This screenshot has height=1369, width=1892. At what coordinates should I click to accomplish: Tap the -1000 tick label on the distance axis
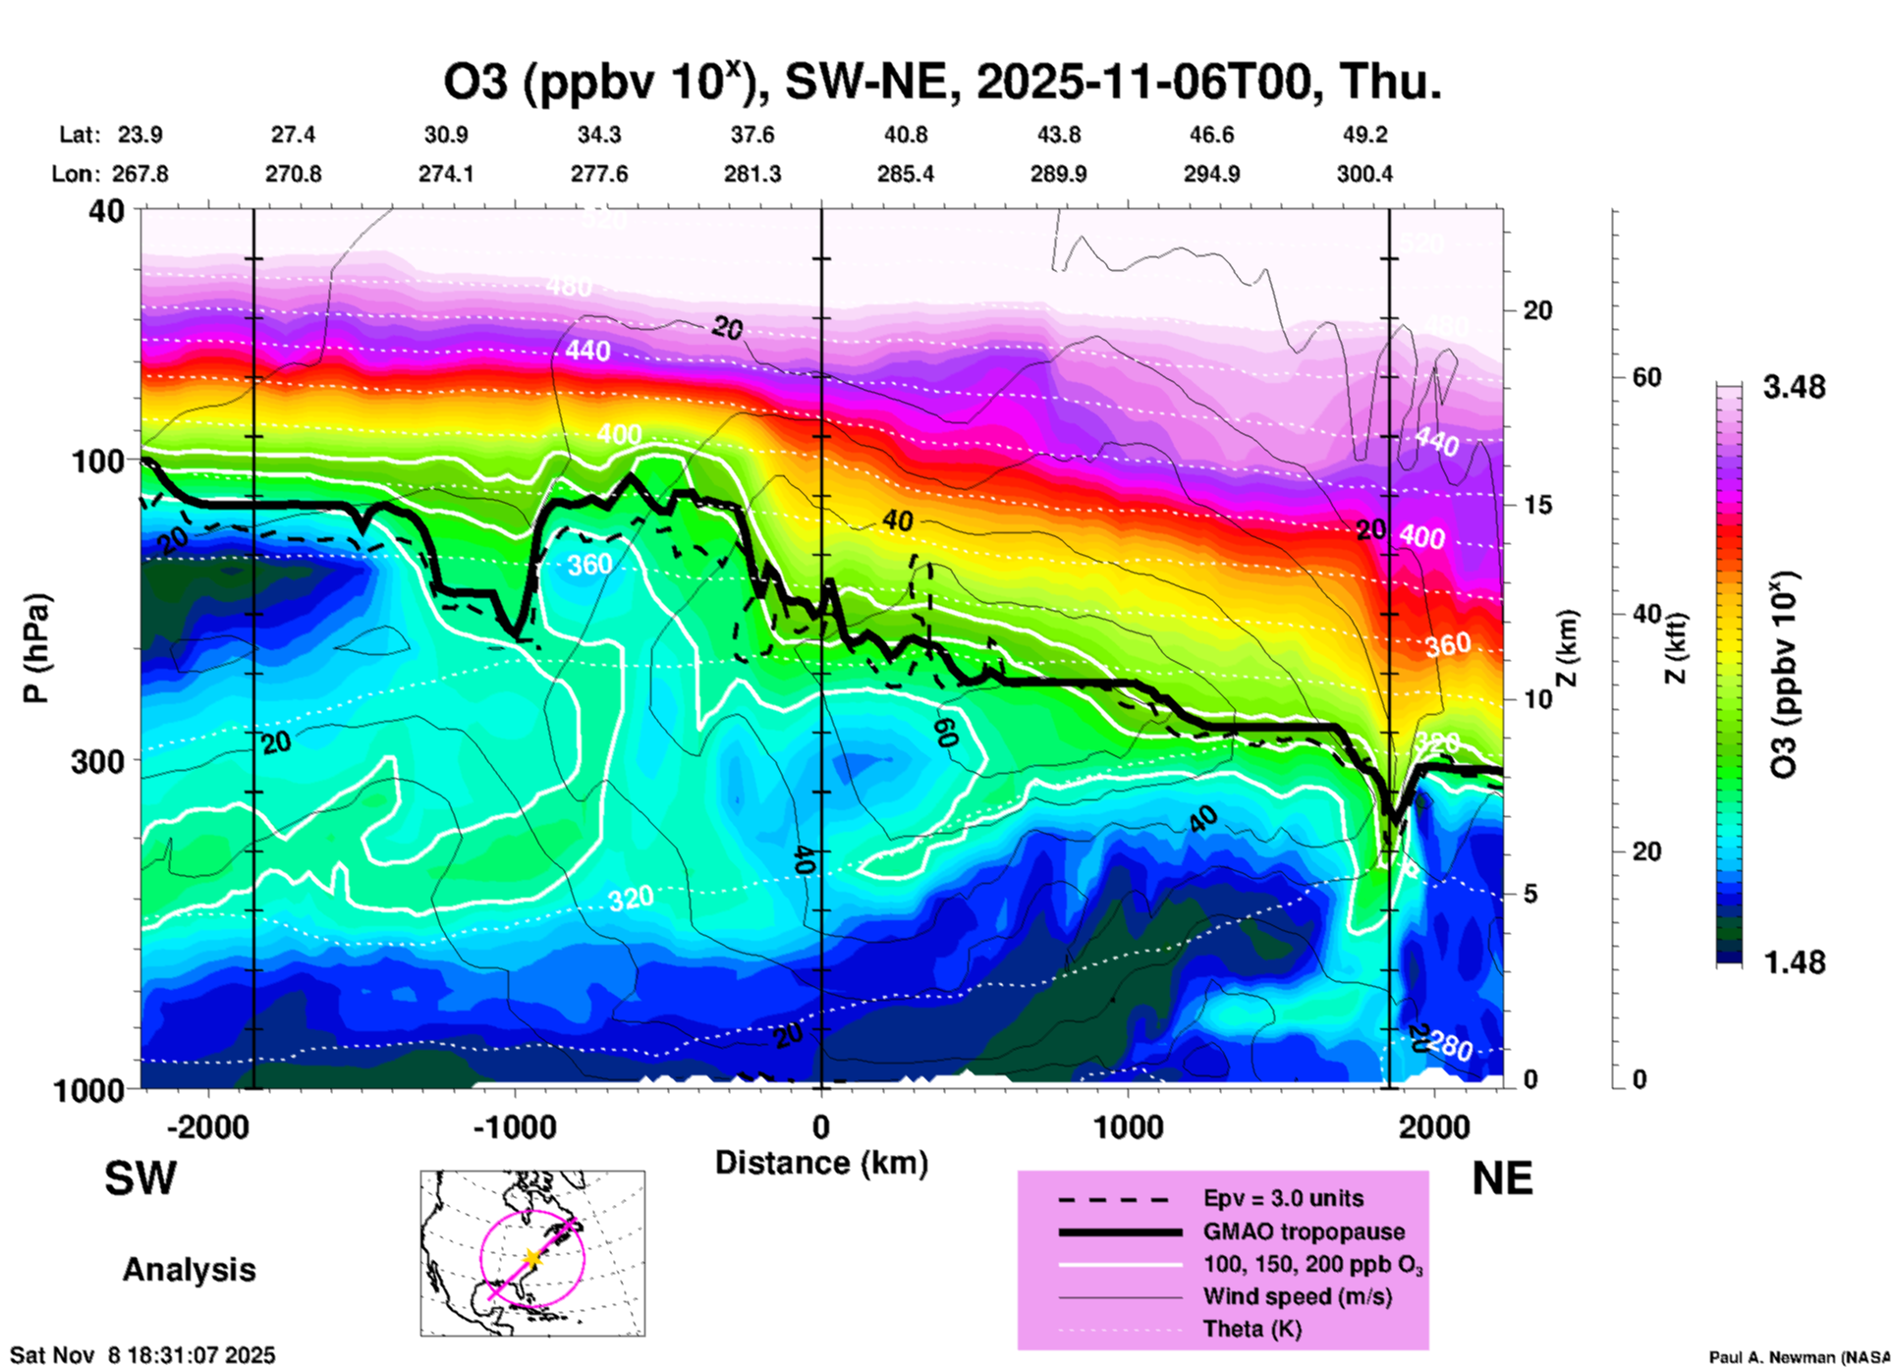tap(515, 1126)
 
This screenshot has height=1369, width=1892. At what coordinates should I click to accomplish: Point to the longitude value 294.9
tap(1211, 174)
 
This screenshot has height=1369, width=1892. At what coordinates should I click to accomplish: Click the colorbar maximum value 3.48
tap(1794, 388)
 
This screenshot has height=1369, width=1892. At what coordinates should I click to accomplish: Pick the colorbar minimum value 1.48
tap(1794, 961)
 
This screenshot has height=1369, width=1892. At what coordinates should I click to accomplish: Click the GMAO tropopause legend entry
tap(1304, 1232)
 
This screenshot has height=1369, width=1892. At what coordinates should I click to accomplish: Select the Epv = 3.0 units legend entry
tap(1283, 1198)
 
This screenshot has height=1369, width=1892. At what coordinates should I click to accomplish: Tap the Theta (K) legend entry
tap(1252, 1329)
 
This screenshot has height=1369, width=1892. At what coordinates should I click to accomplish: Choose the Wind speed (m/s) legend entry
tap(1297, 1296)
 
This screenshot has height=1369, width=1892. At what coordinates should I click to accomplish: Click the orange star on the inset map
tap(531, 1258)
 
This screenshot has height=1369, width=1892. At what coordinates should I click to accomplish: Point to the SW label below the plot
tap(140, 1178)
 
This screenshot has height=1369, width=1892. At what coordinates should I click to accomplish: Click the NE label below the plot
tap(1502, 1178)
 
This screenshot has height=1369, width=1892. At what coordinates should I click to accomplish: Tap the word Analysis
tap(189, 1270)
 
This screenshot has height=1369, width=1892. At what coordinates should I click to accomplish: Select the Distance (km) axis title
tap(821, 1163)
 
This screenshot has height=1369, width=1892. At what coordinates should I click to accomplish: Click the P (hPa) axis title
tap(36, 648)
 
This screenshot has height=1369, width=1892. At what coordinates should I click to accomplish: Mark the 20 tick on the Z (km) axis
tap(1537, 310)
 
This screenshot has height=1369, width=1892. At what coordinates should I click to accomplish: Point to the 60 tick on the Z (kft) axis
tap(1647, 377)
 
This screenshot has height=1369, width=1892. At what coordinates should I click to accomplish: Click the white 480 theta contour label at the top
tap(569, 287)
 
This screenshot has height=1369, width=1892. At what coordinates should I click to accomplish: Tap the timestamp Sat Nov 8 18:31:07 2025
tap(142, 1356)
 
